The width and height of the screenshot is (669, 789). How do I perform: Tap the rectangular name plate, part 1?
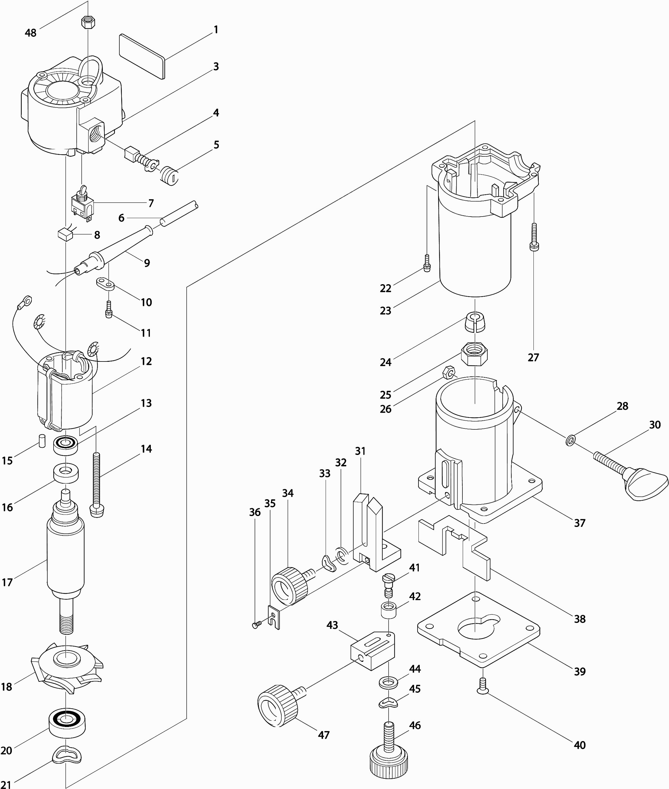click(x=142, y=56)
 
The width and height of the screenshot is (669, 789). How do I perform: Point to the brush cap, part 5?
click(x=170, y=175)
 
